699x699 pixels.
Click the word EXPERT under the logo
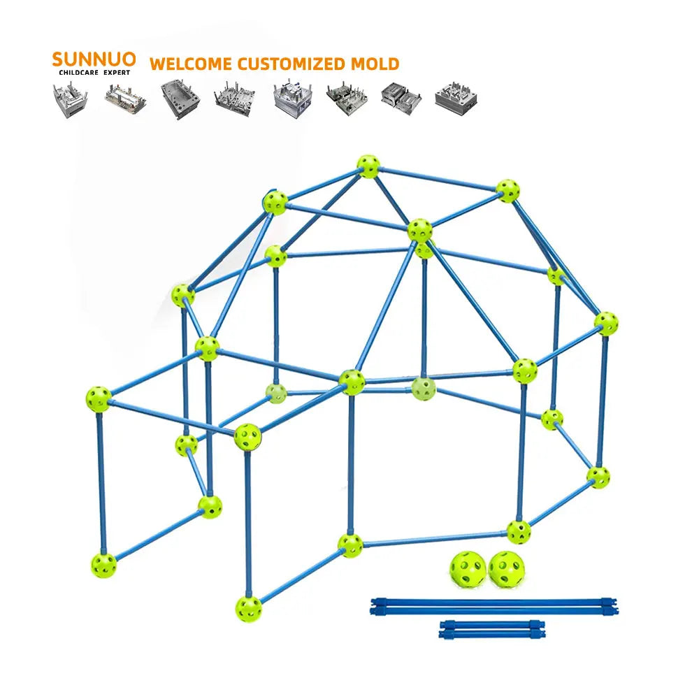click(x=115, y=72)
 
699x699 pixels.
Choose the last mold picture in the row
click(x=455, y=98)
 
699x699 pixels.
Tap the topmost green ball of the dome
click(x=368, y=166)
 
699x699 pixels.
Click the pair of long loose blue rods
click(x=493, y=605)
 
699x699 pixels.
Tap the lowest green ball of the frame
click(x=248, y=607)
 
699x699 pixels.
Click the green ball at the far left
click(x=99, y=398)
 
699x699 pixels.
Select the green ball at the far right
click(x=606, y=323)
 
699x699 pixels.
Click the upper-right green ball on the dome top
click(x=507, y=190)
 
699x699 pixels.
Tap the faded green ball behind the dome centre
click(x=423, y=388)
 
